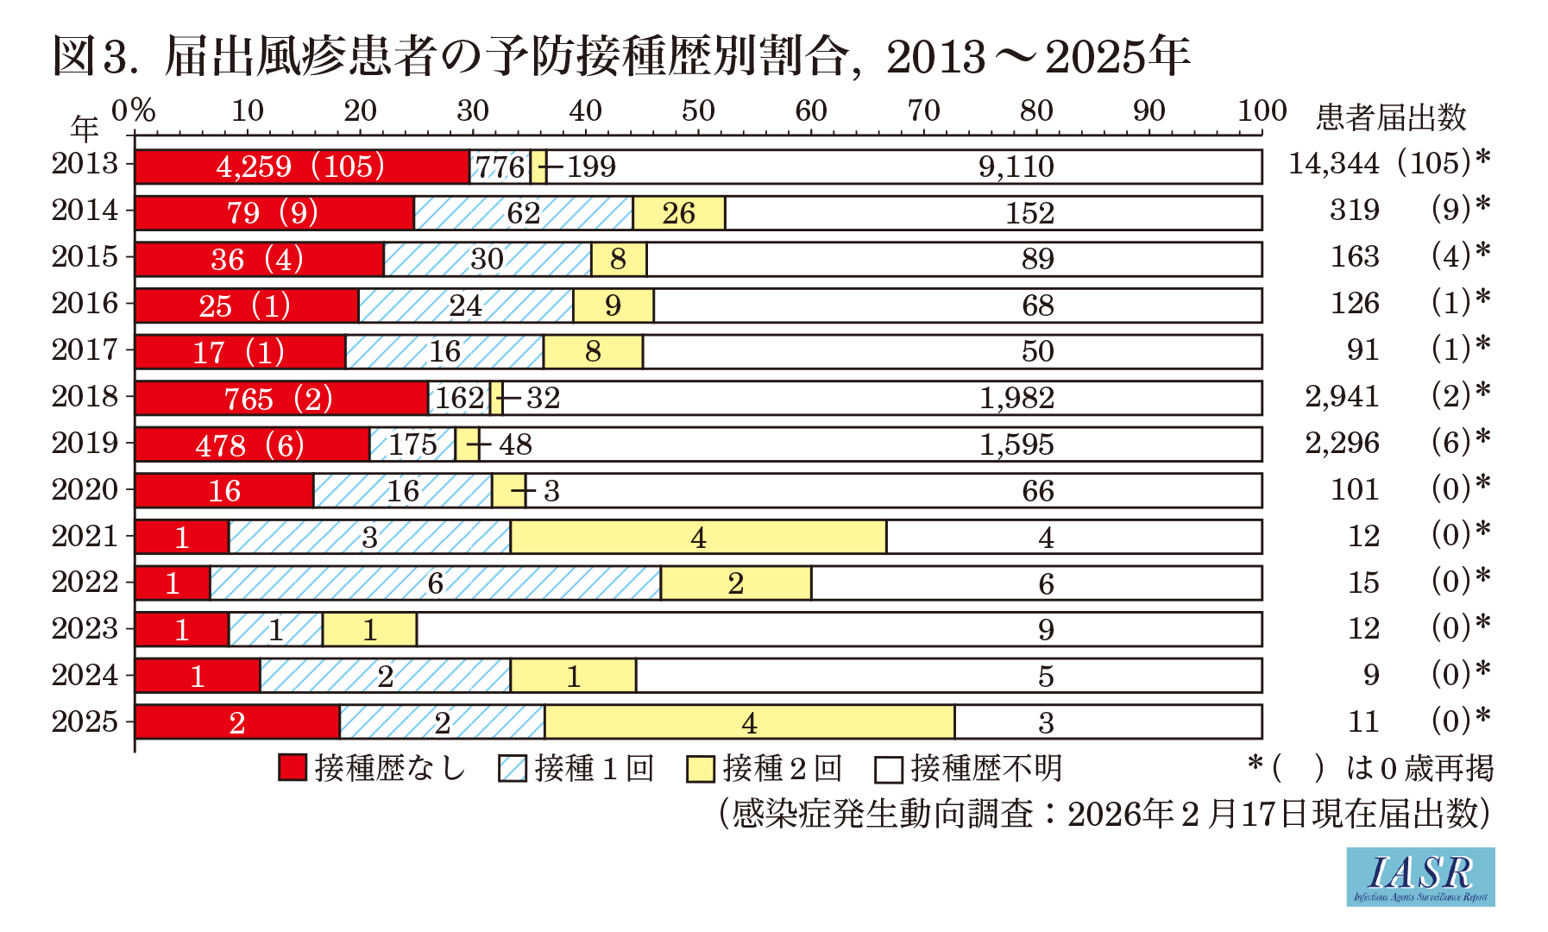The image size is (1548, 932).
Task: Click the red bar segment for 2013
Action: point(302,167)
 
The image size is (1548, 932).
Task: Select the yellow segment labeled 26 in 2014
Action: point(679,213)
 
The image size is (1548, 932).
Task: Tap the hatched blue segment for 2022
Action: point(435,583)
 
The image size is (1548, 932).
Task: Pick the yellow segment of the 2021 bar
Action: point(698,537)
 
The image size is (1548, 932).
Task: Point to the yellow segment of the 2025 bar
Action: point(749,722)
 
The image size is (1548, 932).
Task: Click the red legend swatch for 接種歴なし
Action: point(293,767)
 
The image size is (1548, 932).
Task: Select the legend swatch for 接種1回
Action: point(513,768)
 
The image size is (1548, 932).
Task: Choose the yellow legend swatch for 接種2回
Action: point(701,768)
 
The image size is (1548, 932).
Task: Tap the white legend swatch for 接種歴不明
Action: point(889,768)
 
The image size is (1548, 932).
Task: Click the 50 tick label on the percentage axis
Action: point(698,110)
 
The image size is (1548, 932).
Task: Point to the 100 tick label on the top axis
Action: point(1262,110)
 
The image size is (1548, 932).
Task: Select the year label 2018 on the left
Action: point(85,396)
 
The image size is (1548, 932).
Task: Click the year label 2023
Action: point(85,628)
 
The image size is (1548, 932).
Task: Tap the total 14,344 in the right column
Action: point(1333,163)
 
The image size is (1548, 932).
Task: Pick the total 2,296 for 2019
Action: point(1342,443)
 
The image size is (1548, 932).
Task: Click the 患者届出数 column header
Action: point(1391,116)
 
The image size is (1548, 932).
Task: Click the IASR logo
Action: point(1420,876)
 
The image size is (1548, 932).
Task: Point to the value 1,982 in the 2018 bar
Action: point(1016,398)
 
